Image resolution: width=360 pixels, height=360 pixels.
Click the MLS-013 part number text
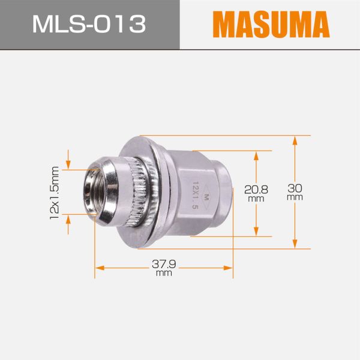tap(89, 25)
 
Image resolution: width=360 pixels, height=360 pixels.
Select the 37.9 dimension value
tap(163, 264)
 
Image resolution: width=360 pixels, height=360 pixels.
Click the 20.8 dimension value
tap(256, 189)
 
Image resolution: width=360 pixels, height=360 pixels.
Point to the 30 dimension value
tap(295, 188)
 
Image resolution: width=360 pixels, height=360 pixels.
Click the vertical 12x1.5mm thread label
tap(55, 192)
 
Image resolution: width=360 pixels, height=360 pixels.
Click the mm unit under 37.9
tap(163, 273)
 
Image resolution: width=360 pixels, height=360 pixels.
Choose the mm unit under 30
tap(295, 197)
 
